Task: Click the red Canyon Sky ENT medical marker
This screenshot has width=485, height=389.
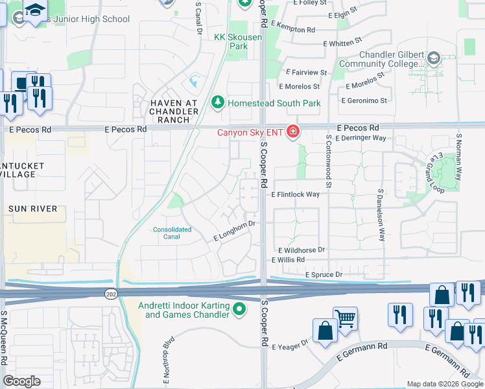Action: coord(293,133)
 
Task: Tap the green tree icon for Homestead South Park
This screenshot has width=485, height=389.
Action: coord(218,103)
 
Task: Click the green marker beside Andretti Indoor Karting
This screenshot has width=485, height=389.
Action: coord(239,310)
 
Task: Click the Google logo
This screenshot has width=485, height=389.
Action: coord(21,381)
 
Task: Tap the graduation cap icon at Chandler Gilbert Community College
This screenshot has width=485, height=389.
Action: coord(432,60)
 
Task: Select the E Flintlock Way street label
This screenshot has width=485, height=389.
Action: coord(296,194)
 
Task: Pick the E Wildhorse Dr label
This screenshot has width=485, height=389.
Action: coord(302,250)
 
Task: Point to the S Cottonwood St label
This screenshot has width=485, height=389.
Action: coord(329,161)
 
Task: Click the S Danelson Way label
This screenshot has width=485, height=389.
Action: coord(381,216)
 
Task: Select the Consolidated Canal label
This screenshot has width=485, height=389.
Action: coord(172,233)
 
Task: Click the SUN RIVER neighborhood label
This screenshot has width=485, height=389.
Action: coord(32,209)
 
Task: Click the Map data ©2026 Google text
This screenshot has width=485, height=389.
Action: coord(445,384)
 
